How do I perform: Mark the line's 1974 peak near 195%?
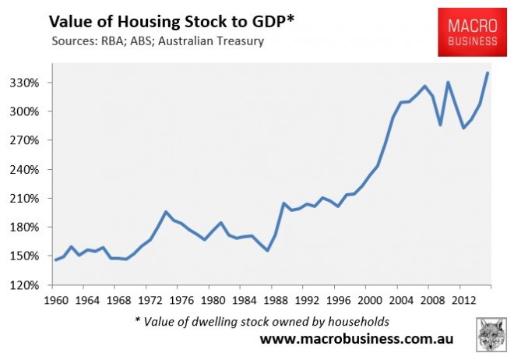click(x=166, y=211)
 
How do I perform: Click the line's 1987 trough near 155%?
click(x=267, y=250)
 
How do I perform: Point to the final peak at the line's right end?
click(x=488, y=73)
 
